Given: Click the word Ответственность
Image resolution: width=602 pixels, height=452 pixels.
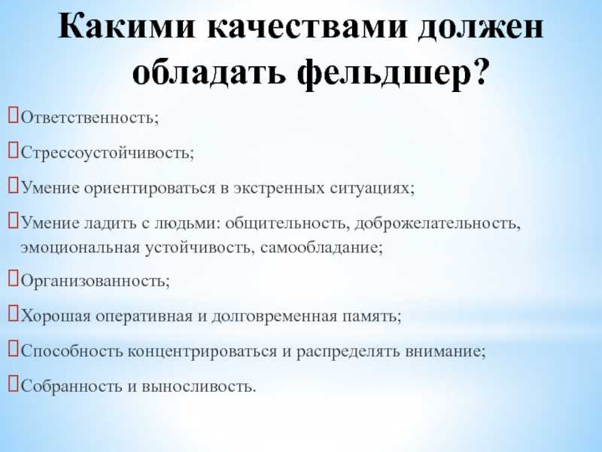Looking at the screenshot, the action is (x=88, y=118).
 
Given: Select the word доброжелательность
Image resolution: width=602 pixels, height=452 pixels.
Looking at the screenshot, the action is (x=436, y=223).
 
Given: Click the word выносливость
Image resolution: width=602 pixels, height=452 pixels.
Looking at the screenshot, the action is (x=197, y=386).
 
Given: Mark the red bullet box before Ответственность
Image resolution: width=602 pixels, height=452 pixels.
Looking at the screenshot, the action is (x=14, y=116).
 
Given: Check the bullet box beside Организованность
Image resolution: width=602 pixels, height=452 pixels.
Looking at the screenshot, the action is (x=14, y=279).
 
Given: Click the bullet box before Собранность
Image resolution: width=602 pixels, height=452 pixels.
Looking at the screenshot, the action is (x=14, y=384).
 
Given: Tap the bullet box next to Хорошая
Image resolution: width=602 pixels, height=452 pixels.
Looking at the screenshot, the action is (x=14, y=314).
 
